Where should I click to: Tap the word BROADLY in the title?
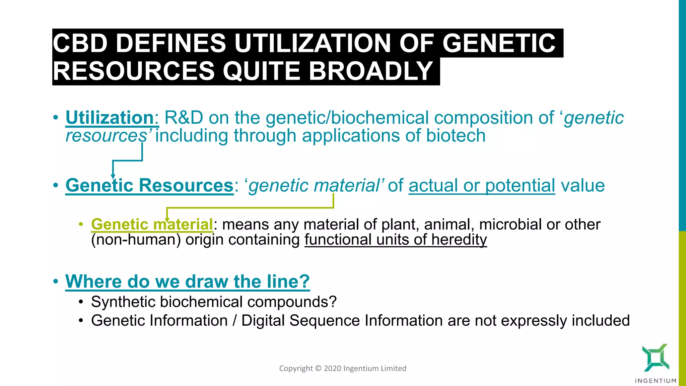pos(371,71)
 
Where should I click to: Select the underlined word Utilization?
pos(110,118)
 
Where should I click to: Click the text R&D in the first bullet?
pos(184,118)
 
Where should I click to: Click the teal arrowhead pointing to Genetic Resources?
pos(113,176)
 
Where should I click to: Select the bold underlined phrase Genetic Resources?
pos(149,185)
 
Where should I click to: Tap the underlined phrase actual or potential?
pos(482,185)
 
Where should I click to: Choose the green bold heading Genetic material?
pos(152,224)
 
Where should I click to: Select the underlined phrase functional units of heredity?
pos(396,240)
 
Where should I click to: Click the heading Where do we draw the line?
pos(187,281)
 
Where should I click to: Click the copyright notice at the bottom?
pos(343,368)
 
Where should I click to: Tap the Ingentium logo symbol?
pos(655,358)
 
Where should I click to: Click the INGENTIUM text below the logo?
pos(656,381)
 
